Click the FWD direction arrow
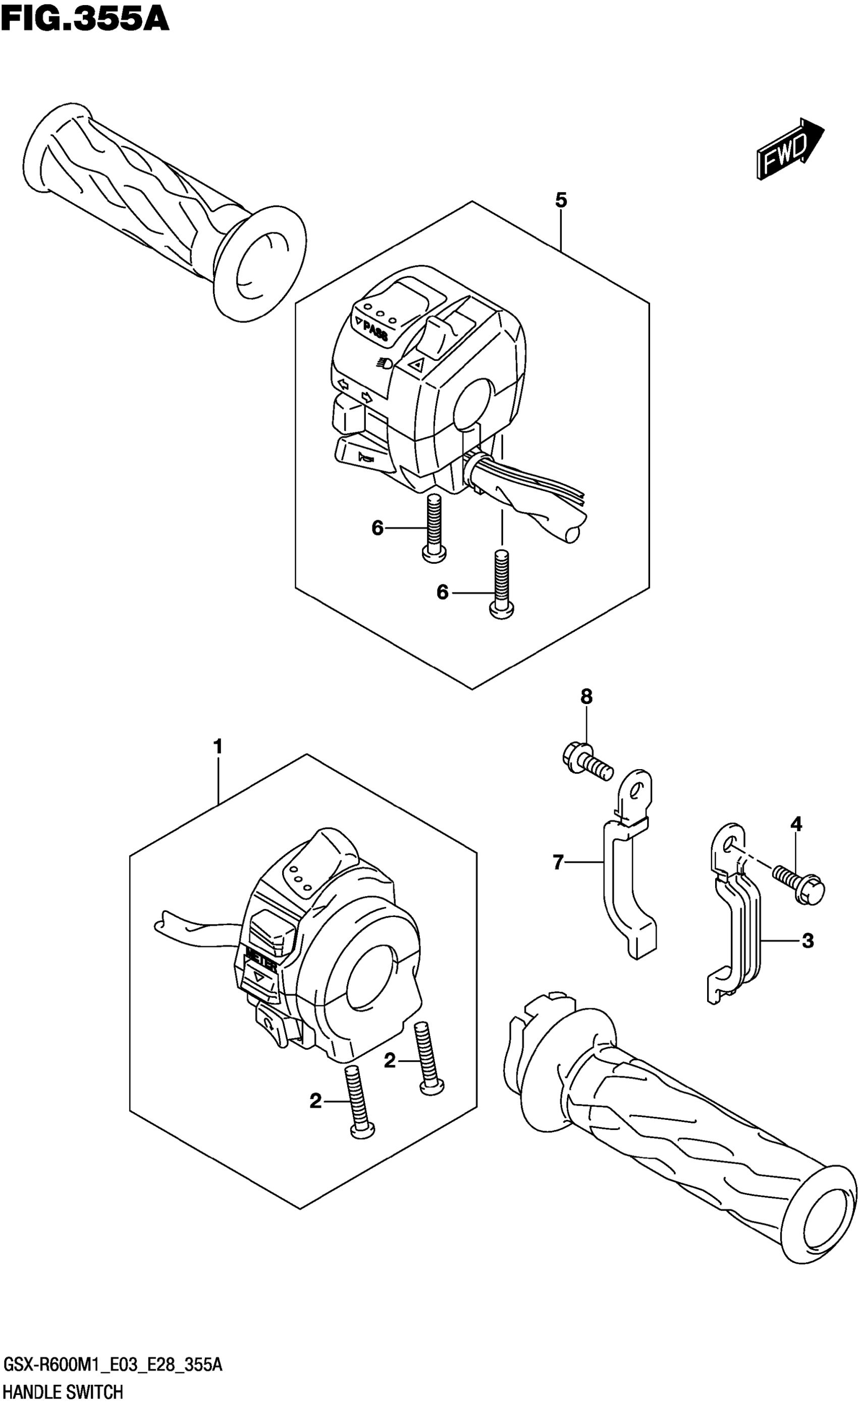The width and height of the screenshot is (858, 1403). click(790, 149)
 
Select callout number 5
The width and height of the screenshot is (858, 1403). click(561, 200)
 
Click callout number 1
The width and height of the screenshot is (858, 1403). click(218, 746)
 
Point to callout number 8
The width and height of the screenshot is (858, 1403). click(586, 696)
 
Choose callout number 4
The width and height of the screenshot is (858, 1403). click(796, 823)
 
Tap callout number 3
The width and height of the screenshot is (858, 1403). click(808, 941)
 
